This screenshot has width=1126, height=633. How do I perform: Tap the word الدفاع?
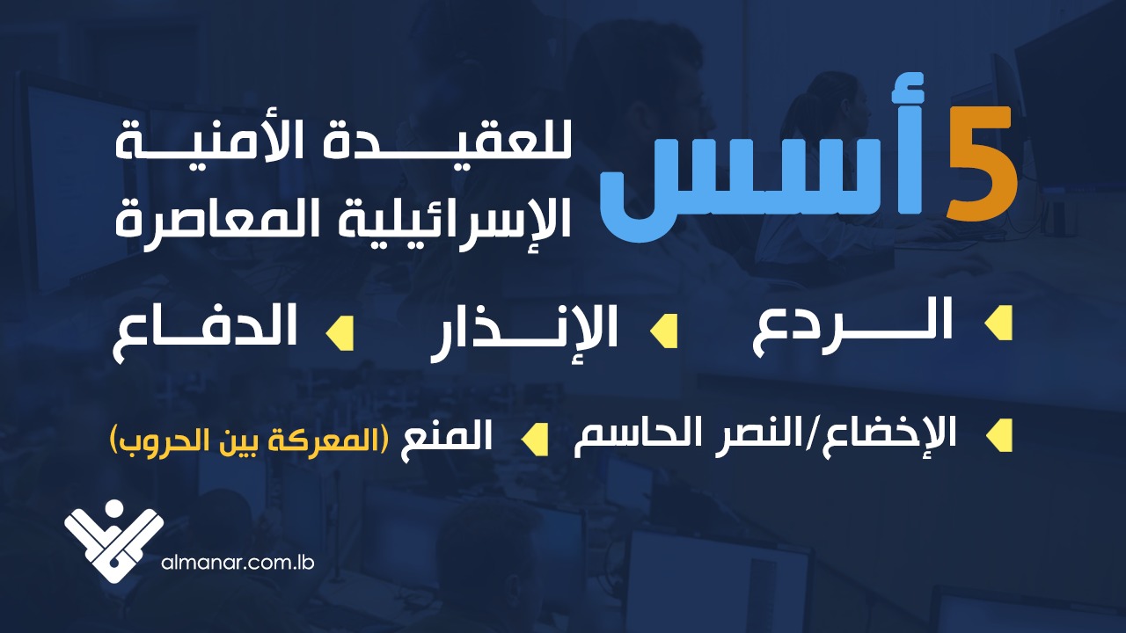[204, 331]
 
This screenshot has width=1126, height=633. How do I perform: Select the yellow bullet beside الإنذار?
[663, 331]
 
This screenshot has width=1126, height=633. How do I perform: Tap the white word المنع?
[446, 436]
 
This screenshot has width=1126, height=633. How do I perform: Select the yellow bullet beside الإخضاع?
[998, 437]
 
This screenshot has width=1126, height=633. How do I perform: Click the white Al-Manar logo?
[114, 541]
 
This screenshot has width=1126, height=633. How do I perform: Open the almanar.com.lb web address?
[238, 562]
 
